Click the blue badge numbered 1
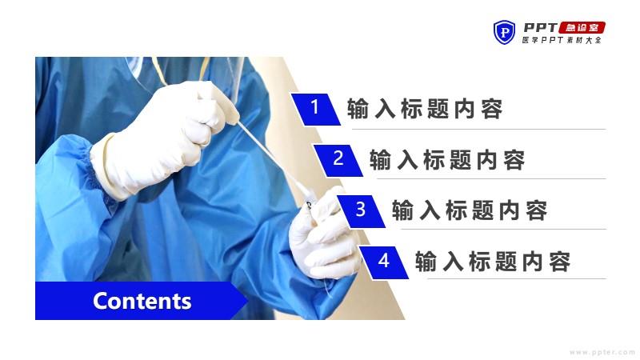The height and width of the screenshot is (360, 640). click(315, 109)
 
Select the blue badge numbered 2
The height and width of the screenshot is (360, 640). click(338, 161)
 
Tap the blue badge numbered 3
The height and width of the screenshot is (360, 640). click(361, 211)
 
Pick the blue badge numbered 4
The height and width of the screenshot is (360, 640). click(384, 262)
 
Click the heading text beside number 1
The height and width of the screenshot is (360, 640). click(425, 109)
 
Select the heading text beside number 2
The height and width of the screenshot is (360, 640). click(447, 159)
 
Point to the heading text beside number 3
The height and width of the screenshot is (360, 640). click(470, 210)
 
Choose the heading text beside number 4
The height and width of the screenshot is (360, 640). click(492, 262)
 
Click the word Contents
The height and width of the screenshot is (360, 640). click(142, 302)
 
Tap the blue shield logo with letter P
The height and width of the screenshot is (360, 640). click(504, 32)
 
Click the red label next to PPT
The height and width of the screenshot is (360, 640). click(582, 28)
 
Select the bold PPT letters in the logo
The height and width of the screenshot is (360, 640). click(541, 28)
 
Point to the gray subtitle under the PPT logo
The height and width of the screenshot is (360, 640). click(562, 40)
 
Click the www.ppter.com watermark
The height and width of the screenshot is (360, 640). click(602, 352)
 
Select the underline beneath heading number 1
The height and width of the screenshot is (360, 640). click(478, 130)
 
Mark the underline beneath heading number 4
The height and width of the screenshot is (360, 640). click(516, 279)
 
